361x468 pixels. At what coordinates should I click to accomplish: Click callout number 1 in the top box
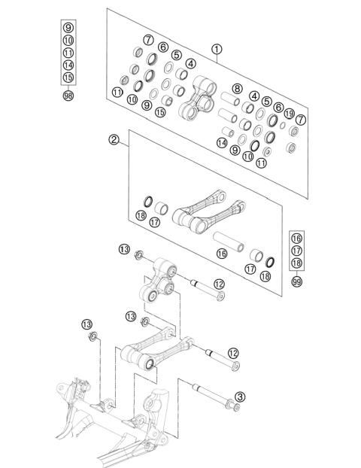[x=217, y=50]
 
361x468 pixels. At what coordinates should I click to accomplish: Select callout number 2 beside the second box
[x=114, y=140]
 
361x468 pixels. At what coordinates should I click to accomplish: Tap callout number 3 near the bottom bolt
[x=239, y=397]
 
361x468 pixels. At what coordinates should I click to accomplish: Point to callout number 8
[x=237, y=89]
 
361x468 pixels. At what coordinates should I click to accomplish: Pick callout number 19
[x=290, y=113]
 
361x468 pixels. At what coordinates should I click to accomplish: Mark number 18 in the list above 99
[x=297, y=262]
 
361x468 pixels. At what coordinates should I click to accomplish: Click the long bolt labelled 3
[x=214, y=395]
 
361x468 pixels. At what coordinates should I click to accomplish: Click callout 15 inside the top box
[x=160, y=112]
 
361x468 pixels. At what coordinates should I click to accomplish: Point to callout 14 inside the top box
[x=222, y=142]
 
